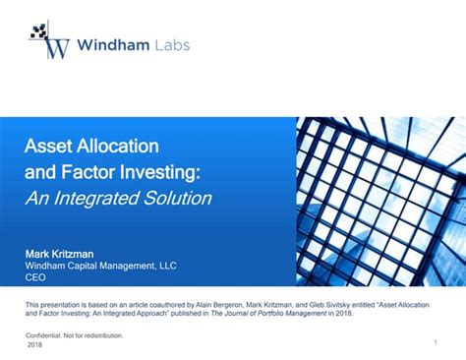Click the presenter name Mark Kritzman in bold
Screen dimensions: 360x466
[59, 255]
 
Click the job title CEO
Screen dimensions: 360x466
[35, 278]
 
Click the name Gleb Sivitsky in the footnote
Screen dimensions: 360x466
[351, 306]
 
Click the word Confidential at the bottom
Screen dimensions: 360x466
[46, 335]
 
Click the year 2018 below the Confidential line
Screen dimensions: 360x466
[34, 344]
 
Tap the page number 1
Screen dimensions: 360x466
[434, 341]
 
